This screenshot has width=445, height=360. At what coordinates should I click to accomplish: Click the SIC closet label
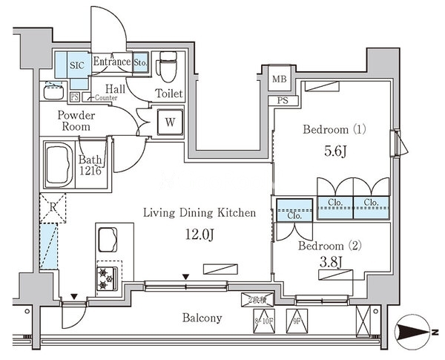76,65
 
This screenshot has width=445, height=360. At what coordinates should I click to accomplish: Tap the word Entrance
111,63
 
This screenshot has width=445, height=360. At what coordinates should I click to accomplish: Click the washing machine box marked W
170,122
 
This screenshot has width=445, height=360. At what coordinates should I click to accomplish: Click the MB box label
279,79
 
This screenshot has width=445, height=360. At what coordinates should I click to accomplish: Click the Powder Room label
77,120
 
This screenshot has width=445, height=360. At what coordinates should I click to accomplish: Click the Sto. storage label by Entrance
141,64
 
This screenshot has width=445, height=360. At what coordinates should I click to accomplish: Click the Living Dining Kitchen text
200,212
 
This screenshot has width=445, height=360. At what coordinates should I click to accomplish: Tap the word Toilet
168,94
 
